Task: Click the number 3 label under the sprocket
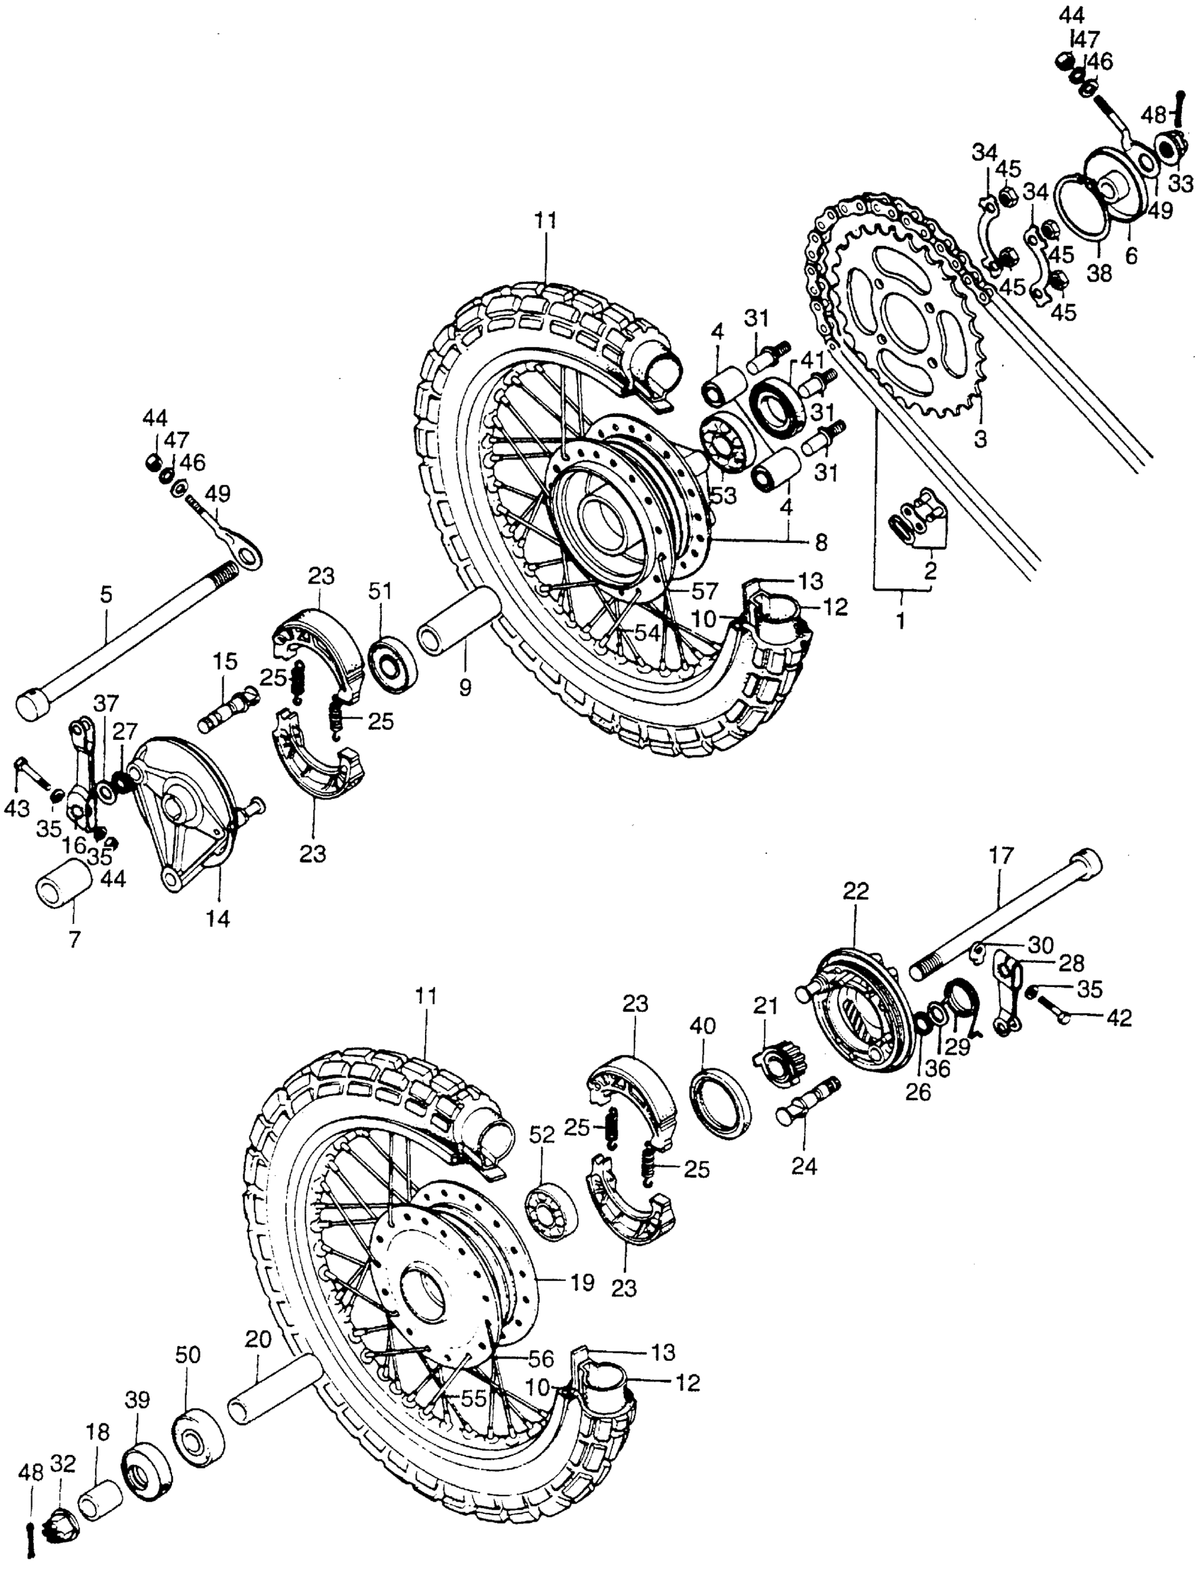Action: pyautogui.click(x=979, y=438)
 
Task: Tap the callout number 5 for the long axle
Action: pyautogui.click(x=106, y=595)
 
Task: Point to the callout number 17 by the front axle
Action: pyautogui.click(x=1002, y=855)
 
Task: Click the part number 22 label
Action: pyautogui.click(x=856, y=891)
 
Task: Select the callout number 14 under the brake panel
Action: pyautogui.click(x=219, y=918)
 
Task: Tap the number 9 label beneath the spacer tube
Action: pyautogui.click(x=465, y=687)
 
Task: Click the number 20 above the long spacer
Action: pyautogui.click(x=259, y=1338)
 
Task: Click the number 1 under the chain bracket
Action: pyautogui.click(x=901, y=620)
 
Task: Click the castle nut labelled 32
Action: pyautogui.click(x=63, y=1534)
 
